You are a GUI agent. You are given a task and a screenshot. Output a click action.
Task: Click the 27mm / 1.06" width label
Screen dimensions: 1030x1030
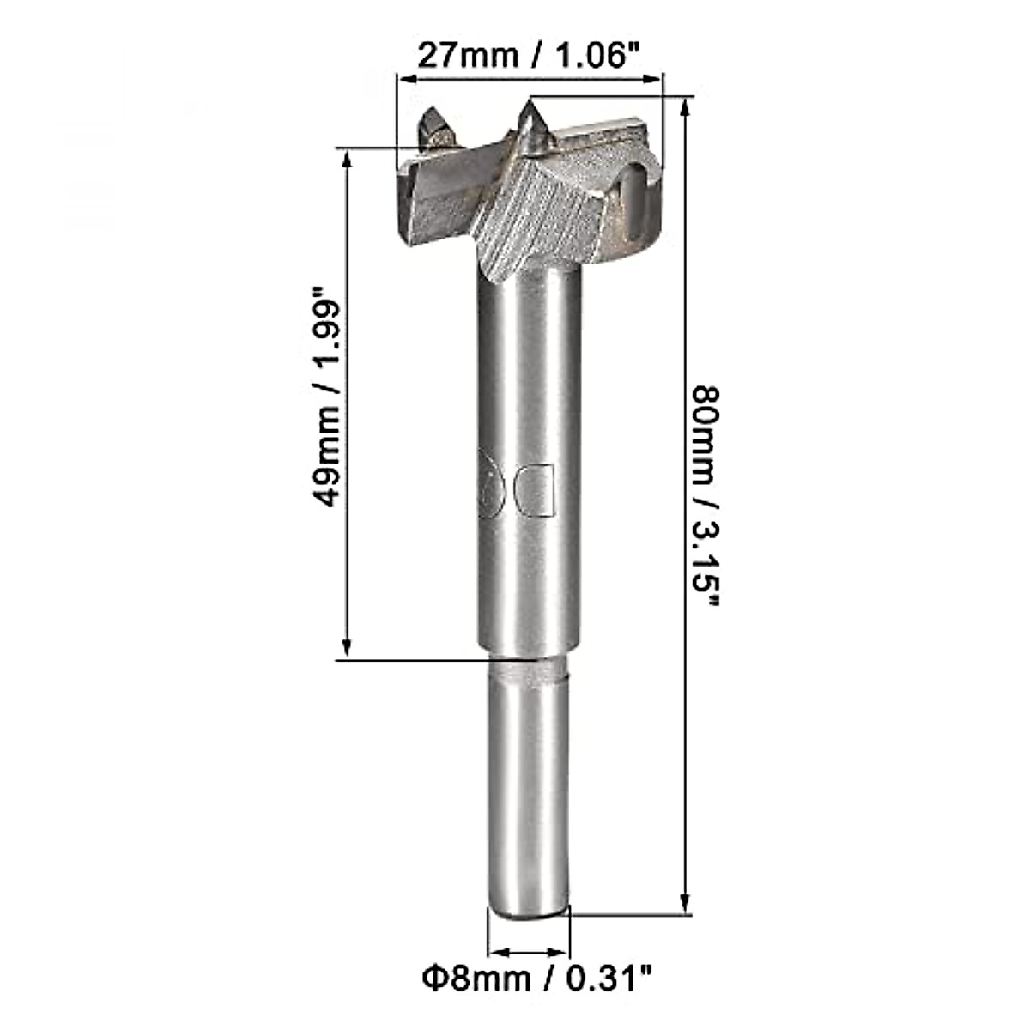(x=529, y=56)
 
